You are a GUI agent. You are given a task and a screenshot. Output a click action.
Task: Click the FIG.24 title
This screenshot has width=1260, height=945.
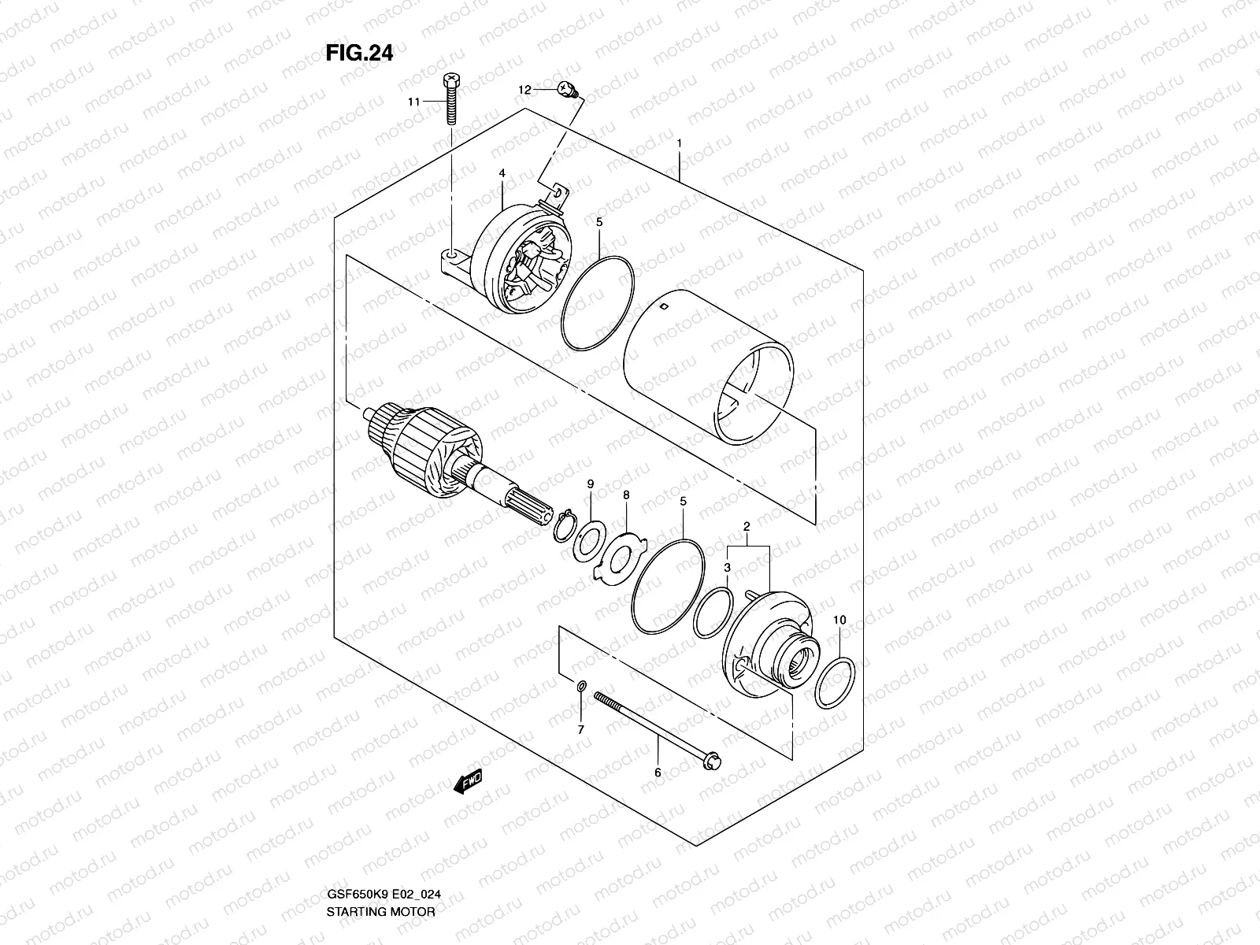pyautogui.click(x=359, y=53)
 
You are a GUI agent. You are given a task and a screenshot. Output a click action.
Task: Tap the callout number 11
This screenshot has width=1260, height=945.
pyautogui.click(x=414, y=102)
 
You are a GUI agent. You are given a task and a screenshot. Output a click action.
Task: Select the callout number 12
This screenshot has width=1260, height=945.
pyautogui.click(x=525, y=91)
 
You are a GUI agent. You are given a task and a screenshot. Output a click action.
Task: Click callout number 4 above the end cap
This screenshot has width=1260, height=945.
pyautogui.click(x=501, y=172)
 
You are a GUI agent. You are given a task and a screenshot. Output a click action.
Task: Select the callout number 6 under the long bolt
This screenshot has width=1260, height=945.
pyautogui.click(x=658, y=773)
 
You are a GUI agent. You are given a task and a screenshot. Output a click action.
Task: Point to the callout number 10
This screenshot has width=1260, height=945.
pyautogui.click(x=839, y=621)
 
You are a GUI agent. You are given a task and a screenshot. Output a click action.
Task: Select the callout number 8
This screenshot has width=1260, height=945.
pyautogui.click(x=626, y=495)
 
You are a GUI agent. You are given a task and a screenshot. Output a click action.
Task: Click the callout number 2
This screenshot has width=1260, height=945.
pyautogui.click(x=746, y=525)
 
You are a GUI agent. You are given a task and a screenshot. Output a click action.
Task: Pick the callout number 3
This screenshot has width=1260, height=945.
pyautogui.click(x=728, y=567)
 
